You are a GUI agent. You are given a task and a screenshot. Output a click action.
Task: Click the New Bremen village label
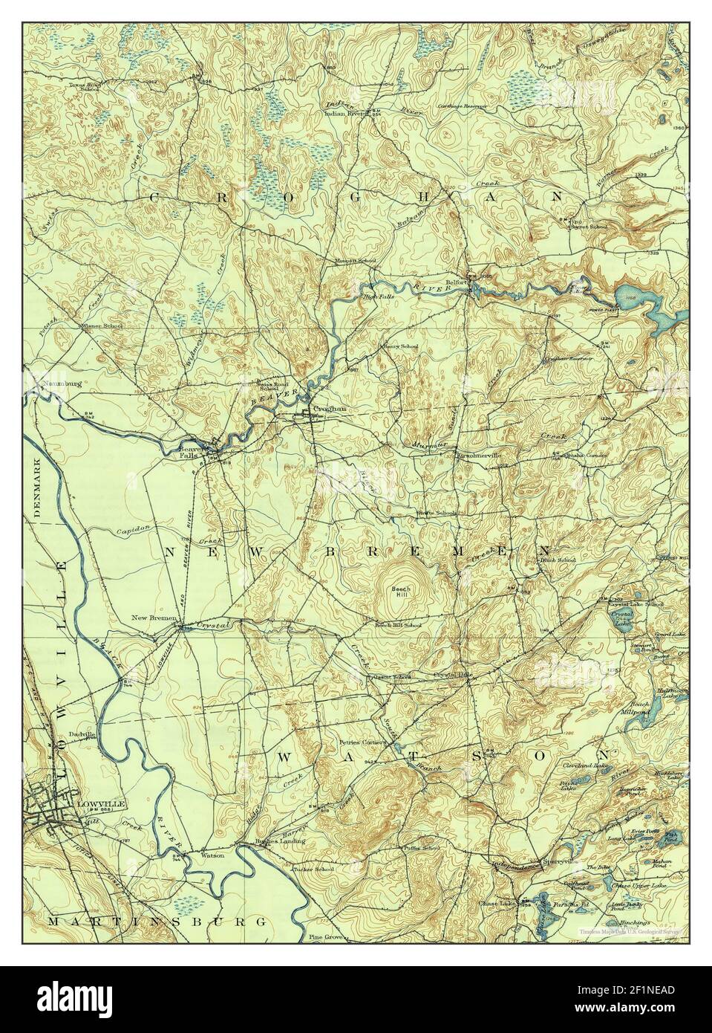(154, 618)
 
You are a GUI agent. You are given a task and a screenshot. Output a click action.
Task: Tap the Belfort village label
(456, 283)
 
